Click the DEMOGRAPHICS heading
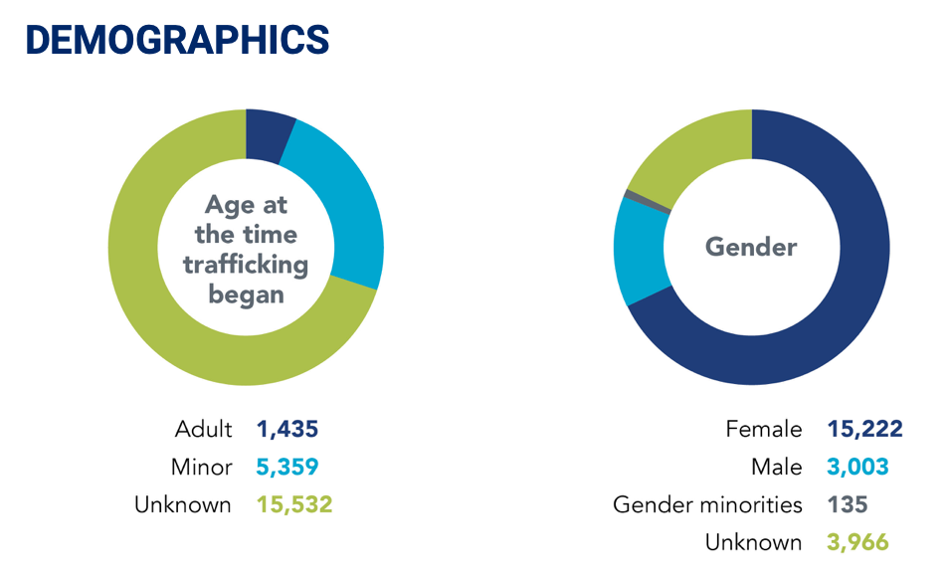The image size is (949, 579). point(177,39)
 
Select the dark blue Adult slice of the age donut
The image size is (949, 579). point(268,134)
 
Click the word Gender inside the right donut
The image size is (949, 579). point(751,246)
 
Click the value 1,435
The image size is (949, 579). point(287,430)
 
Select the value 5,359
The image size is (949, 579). point(287,467)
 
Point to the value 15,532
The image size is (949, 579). point(293,504)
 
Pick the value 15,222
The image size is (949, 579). point(864,430)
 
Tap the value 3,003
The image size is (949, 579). point(857,467)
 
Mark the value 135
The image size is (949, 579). point(847,504)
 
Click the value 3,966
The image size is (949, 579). point(857,542)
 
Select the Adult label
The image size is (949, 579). point(203,430)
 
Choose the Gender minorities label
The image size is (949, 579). point(707,504)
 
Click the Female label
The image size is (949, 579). point(764,430)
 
